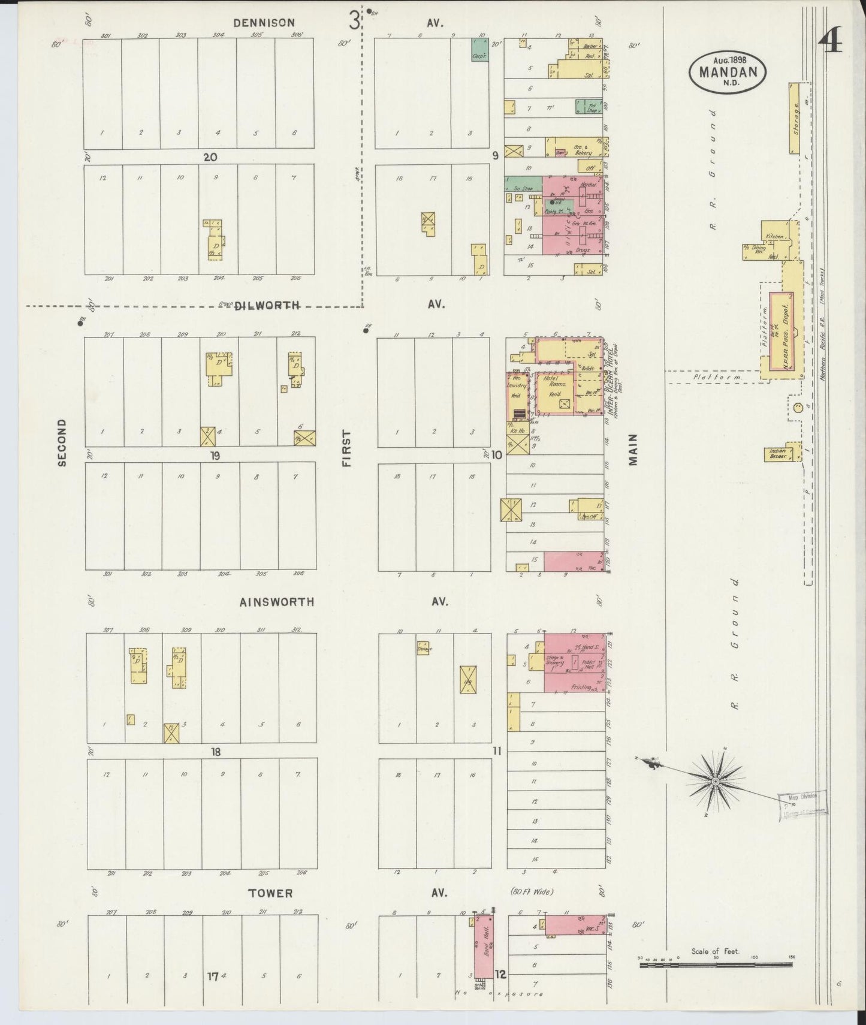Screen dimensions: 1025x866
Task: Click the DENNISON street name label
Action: pos(264,23)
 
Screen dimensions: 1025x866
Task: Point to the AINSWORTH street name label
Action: pos(276,602)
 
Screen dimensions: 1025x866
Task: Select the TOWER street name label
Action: pos(270,893)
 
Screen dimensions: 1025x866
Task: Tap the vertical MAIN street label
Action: pos(633,450)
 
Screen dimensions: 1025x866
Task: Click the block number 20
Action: pos(210,157)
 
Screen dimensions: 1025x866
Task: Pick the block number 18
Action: pos(216,752)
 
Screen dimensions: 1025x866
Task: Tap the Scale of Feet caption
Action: pos(715,951)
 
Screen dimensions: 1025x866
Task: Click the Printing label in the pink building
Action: pos(581,687)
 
